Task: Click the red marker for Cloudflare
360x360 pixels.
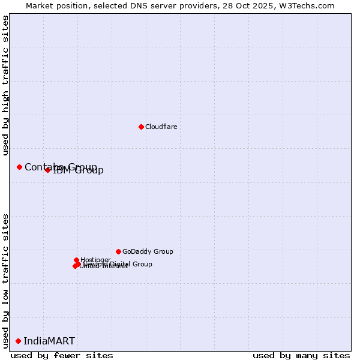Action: [141, 127]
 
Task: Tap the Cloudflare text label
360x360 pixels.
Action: [161, 127]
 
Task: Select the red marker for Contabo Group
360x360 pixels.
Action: [19, 167]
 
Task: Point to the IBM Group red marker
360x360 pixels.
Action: [47, 170]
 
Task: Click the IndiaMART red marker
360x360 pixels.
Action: [18, 341]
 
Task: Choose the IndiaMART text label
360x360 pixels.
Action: [49, 341]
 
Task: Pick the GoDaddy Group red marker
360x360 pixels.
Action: [118, 251]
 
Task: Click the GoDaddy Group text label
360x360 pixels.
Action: [148, 251]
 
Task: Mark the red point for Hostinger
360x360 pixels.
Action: [76, 260]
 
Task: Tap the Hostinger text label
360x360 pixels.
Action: [96, 260]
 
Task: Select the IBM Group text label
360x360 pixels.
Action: [79, 170]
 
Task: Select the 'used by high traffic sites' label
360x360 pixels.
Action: [6, 85]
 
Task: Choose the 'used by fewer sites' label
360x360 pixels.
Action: [62, 355]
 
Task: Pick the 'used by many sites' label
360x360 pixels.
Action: [301, 355]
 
